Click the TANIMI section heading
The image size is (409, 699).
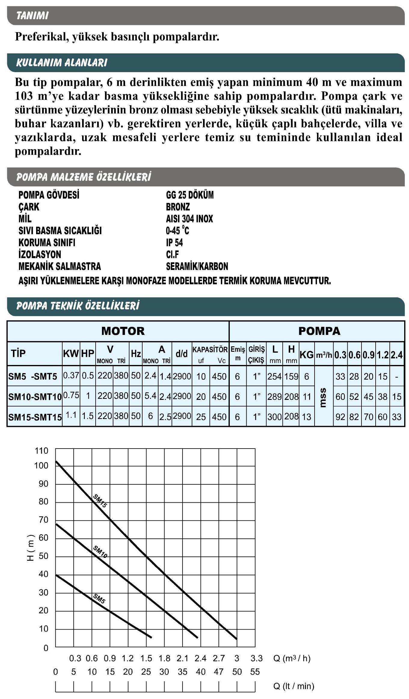pyautogui.click(x=32, y=15)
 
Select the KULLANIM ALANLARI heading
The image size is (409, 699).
pyautogui.click(x=61, y=63)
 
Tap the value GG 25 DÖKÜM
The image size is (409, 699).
pyautogui.click(x=190, y=195)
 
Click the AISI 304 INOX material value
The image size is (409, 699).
pyautogui.click(x=189, y=219)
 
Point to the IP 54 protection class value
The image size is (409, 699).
pyautogui.click(x=174, y=242)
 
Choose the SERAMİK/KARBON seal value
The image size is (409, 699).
pyautogui.click(x=197, y=266)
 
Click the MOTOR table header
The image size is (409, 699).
pyautogui.click(x=123, y=331)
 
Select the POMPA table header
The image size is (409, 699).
pyautogui.click(x=319, y=331)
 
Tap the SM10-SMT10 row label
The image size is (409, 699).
pyautogui.click(x=35, y=397)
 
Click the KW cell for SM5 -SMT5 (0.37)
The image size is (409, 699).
pyautogui.click(x=71, y=376)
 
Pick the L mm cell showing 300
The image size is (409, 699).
pyautogui.click(x=274, y=417)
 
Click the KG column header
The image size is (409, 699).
pyautogui.click(x=306, y=355)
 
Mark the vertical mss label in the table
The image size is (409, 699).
pyautogui.click(x=323, y=397)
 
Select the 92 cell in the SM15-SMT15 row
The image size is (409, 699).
pyautogui.click(x=340, y=417)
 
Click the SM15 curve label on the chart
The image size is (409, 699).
pyautogui.click(x=100, y=501)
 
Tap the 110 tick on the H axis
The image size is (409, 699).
pyautogui.click(x=42, y=451)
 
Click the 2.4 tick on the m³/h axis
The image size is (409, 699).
pyautogui.click(x=201, y=658)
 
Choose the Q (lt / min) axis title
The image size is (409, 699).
pyautogui.click(x=294, y=686)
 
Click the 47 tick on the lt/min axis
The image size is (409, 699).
pyautogui.click(x=219, y=672)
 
